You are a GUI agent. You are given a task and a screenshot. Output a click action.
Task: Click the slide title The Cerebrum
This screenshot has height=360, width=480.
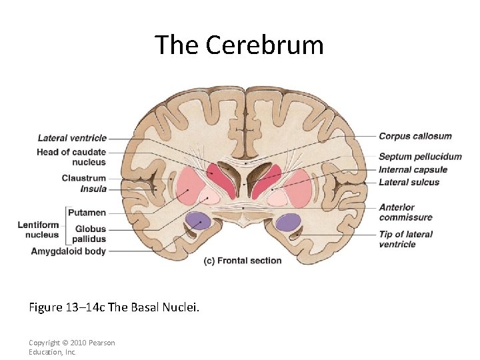(239, 45)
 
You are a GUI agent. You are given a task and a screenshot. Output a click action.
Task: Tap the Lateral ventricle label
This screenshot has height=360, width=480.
(72, 138)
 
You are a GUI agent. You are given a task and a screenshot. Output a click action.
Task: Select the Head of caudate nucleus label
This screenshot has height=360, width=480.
(71, 157)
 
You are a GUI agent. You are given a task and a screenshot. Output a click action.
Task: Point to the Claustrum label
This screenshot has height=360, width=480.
(84, 178)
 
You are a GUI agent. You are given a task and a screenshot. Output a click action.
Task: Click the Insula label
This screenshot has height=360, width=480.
(93, 189)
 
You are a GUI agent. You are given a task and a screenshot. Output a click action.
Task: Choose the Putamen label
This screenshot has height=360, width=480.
(87, 213)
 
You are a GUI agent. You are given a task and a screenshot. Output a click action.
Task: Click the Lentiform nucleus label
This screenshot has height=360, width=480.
(39, 230)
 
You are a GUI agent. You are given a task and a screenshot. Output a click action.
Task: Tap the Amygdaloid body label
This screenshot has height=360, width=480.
(69, 251)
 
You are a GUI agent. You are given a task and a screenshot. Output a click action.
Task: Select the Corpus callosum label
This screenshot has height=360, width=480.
(415, 136)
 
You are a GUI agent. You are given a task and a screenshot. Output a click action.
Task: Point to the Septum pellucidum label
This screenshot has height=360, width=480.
(420, 157)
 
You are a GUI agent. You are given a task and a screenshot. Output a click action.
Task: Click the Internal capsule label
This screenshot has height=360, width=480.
(413, 169)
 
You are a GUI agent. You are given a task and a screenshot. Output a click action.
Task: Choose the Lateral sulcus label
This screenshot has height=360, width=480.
(409, 182)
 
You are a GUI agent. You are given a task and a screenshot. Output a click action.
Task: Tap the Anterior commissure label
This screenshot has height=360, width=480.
(406, 212)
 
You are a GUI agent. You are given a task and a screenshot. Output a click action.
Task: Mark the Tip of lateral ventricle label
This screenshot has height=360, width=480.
(406, 239)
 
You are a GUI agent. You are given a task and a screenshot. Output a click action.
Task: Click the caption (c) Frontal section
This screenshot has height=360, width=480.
(243, 261)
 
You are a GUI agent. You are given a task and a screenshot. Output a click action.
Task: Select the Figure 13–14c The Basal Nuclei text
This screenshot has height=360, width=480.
(114, 307)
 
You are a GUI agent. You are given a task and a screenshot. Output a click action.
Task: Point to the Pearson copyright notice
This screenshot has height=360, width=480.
(72, 347)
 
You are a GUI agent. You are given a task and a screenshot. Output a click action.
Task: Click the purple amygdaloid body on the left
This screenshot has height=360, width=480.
(198, 221)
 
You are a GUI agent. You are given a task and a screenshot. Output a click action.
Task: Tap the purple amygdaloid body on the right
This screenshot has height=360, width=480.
(287, 221)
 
